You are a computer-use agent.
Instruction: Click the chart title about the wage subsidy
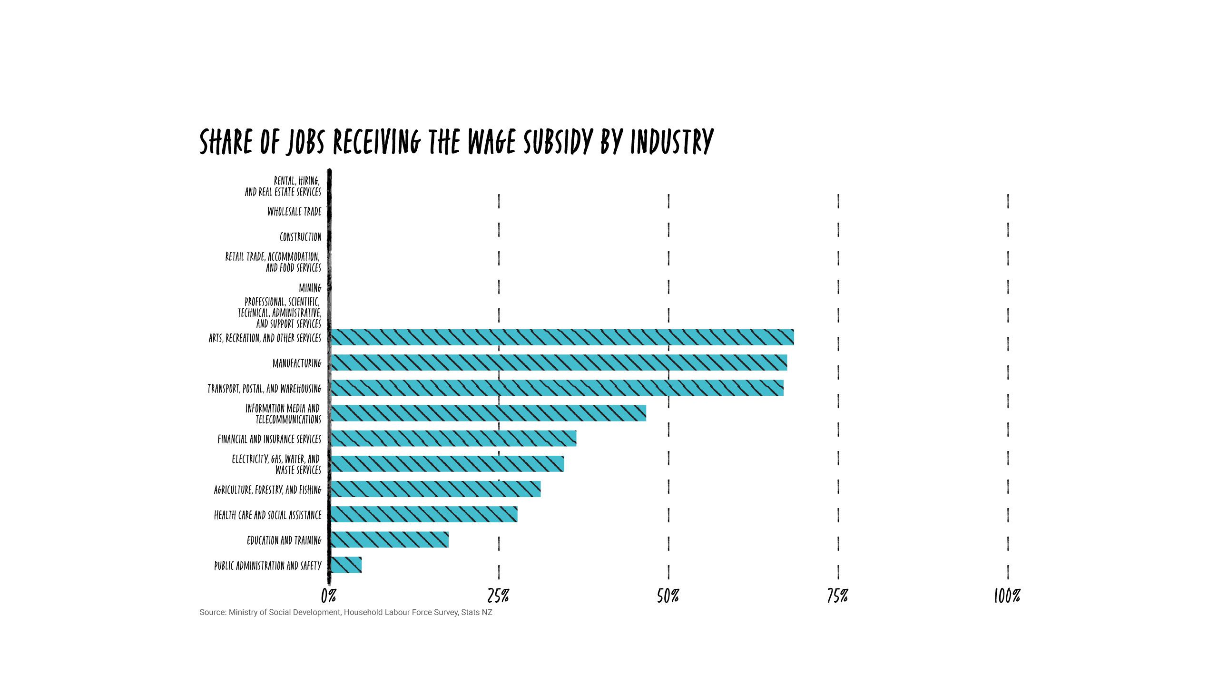click(x=456, y=141)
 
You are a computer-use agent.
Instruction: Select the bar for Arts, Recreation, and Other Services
click(x=562, y=337)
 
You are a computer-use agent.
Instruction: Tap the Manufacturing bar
click(x=559, y=362)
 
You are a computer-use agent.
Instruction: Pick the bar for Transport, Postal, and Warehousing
click(x=557, y=388)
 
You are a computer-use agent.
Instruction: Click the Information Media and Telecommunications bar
click(x=488, y=413)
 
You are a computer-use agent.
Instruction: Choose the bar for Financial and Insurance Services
click(x=453, y=438)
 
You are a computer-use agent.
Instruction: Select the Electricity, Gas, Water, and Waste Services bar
click(x=447, y=463)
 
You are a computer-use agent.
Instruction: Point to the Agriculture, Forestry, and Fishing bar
click(x=435, y=489)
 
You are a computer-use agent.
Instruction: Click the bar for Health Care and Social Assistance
click(x=423, y=514)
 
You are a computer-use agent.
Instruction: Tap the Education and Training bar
click(x=389, y=539)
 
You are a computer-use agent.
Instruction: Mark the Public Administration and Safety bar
click(x=346, y=565)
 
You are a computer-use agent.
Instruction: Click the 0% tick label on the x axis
click(x=328, y=596)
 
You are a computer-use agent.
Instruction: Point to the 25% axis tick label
click(x=498, y=596)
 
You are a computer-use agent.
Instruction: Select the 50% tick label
click(x=668, y=596)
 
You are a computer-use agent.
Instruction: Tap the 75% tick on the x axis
click(x=837, y=596)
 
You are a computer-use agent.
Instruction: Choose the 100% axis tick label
click(x=1007, y=596)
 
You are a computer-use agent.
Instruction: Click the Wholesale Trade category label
click(x=294, y=211)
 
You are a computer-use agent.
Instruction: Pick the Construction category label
click(x=300, y=236)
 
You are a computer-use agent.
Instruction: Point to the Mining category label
click(x=310, y=288)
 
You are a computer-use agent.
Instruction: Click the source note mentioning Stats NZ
click(x=346, y=612)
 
